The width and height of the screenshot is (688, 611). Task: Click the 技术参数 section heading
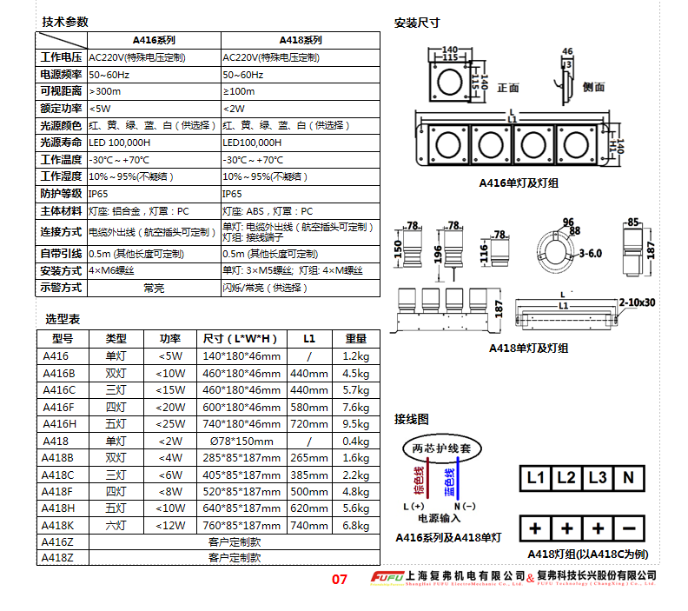tap(66, 22)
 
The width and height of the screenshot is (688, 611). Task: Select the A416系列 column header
tap(154, 40)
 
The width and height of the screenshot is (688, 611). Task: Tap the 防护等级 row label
tap(61, 194)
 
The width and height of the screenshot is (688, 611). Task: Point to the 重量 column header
tap(356, 338)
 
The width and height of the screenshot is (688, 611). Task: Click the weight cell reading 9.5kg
tap(356, 423)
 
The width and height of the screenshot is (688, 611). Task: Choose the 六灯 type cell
tap(116, 525)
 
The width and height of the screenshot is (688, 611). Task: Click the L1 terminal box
tap(535, 477)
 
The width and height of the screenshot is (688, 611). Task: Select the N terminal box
tap(628, 477)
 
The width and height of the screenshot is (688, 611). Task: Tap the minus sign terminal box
tap(628, 528)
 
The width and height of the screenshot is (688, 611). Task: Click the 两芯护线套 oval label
tap(440, 449)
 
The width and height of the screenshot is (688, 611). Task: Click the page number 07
tap(339, 579)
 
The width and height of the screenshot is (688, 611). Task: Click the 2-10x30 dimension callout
tap(637, 302)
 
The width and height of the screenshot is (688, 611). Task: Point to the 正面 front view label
tap(508, 88)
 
